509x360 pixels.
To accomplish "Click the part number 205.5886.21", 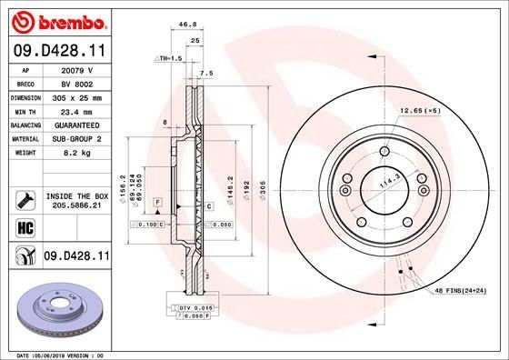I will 77,205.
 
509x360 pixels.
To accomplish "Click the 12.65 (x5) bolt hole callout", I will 420,111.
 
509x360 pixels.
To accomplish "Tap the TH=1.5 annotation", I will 168,57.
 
